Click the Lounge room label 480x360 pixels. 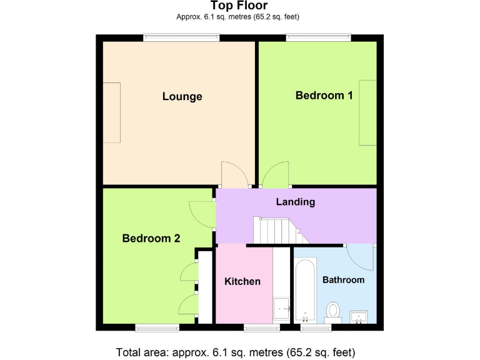click(x=182, y=96)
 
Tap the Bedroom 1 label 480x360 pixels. click(x=324, y=95)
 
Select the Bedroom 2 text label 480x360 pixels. click(x=151, y=238)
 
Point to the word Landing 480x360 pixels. click(x=295, y=202)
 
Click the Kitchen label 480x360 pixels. click(x=242, y=281)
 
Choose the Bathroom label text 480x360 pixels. click(x=343, y=279)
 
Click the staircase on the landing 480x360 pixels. click(x=276, y=231)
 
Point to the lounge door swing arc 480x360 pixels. click(x=232, y=174)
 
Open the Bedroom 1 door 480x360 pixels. click(x=276, y=174)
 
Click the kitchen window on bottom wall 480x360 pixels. click(x=262, y=327)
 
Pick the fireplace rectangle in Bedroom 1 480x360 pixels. click(x=367, y=112)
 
